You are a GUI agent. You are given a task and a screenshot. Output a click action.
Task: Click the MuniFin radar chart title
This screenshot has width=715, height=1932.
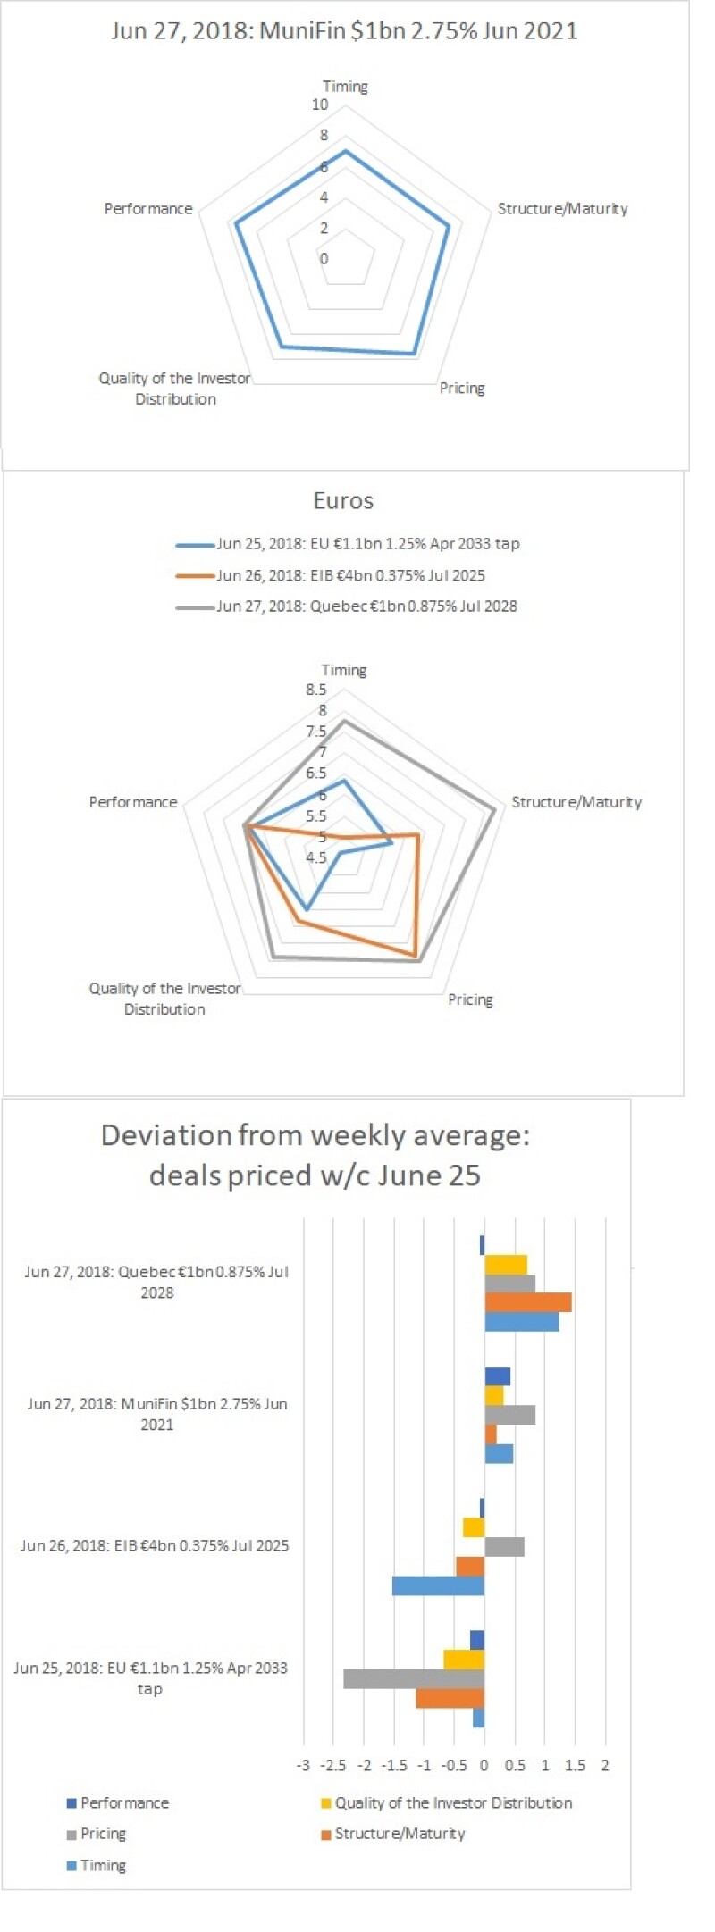[x=344, y=31]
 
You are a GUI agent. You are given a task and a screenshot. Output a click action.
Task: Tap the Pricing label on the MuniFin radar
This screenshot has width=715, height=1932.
[x=462, y=389]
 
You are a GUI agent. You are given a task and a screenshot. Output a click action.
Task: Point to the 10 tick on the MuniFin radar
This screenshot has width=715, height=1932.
[x=320, y=105]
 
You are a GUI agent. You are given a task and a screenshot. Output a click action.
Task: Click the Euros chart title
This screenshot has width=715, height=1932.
[x=343, y=501]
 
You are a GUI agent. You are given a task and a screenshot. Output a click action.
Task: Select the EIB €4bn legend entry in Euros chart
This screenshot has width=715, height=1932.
[x=350, y=576]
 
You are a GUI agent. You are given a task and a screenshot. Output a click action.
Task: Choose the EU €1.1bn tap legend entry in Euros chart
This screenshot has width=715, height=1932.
[x=367, y=544]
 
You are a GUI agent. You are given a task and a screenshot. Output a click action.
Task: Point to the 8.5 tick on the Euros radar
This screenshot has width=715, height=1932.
[x=316, y=690]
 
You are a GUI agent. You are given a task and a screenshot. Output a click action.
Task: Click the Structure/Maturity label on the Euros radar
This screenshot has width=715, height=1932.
[x=576, y=803]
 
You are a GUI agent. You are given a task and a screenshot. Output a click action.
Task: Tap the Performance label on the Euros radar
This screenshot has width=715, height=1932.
[x=133, y=803]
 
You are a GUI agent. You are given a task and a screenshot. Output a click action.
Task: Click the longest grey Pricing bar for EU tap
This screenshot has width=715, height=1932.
[x=414, y=1678]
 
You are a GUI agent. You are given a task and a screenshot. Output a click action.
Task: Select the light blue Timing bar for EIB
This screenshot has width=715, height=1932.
[x=438, y=1585]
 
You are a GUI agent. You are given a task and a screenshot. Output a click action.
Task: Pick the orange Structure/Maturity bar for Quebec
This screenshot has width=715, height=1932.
[x=527, y=1302]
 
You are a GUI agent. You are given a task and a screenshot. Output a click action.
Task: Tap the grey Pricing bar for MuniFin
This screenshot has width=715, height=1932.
[x=509, y=1415]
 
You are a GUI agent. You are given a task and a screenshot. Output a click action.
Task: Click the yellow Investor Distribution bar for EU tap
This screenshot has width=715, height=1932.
[x=464, y=1660]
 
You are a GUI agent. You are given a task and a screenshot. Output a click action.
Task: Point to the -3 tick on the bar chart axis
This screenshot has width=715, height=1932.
[x=304, y=1766]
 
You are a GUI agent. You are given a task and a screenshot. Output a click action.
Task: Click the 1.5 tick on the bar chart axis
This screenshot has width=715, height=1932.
[x=576, y=1766]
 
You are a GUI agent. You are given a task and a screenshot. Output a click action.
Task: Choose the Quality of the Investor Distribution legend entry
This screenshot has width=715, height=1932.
[x=453, y=1803]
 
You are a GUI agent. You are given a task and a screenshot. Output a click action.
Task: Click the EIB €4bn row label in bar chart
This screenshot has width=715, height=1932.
[x=155, y=1546]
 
